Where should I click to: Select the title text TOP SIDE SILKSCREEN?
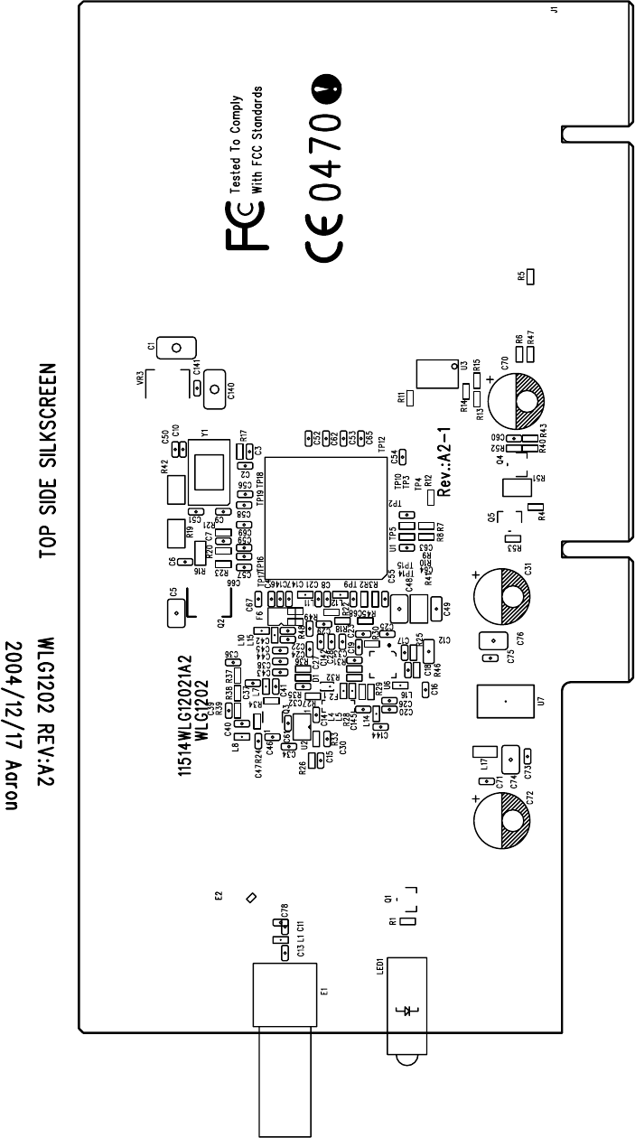click(51, 461)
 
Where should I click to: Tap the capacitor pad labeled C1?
click(177, 347)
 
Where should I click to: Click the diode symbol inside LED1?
click(404, 1009)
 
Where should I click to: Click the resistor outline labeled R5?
click(531, 275)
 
